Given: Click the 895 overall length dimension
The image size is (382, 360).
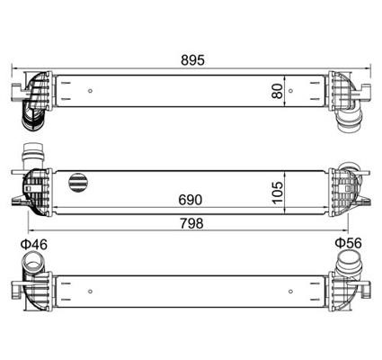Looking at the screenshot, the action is coord(192,60).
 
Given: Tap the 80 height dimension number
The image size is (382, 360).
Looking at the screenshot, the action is coord(278,91).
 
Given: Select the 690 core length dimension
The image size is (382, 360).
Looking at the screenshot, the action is coord(191,200).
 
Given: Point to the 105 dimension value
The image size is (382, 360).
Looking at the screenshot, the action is coord(278,193).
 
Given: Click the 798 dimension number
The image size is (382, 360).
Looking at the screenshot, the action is coord(191,223).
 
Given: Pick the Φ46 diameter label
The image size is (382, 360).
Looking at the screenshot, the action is coord(34,245).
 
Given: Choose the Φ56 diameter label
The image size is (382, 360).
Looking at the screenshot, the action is coord(348,243).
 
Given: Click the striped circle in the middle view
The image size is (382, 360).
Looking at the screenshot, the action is coord(78,182).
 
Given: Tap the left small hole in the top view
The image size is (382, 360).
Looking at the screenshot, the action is coord(90,91).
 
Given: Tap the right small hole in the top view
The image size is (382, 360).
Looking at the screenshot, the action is coord(290,91).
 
